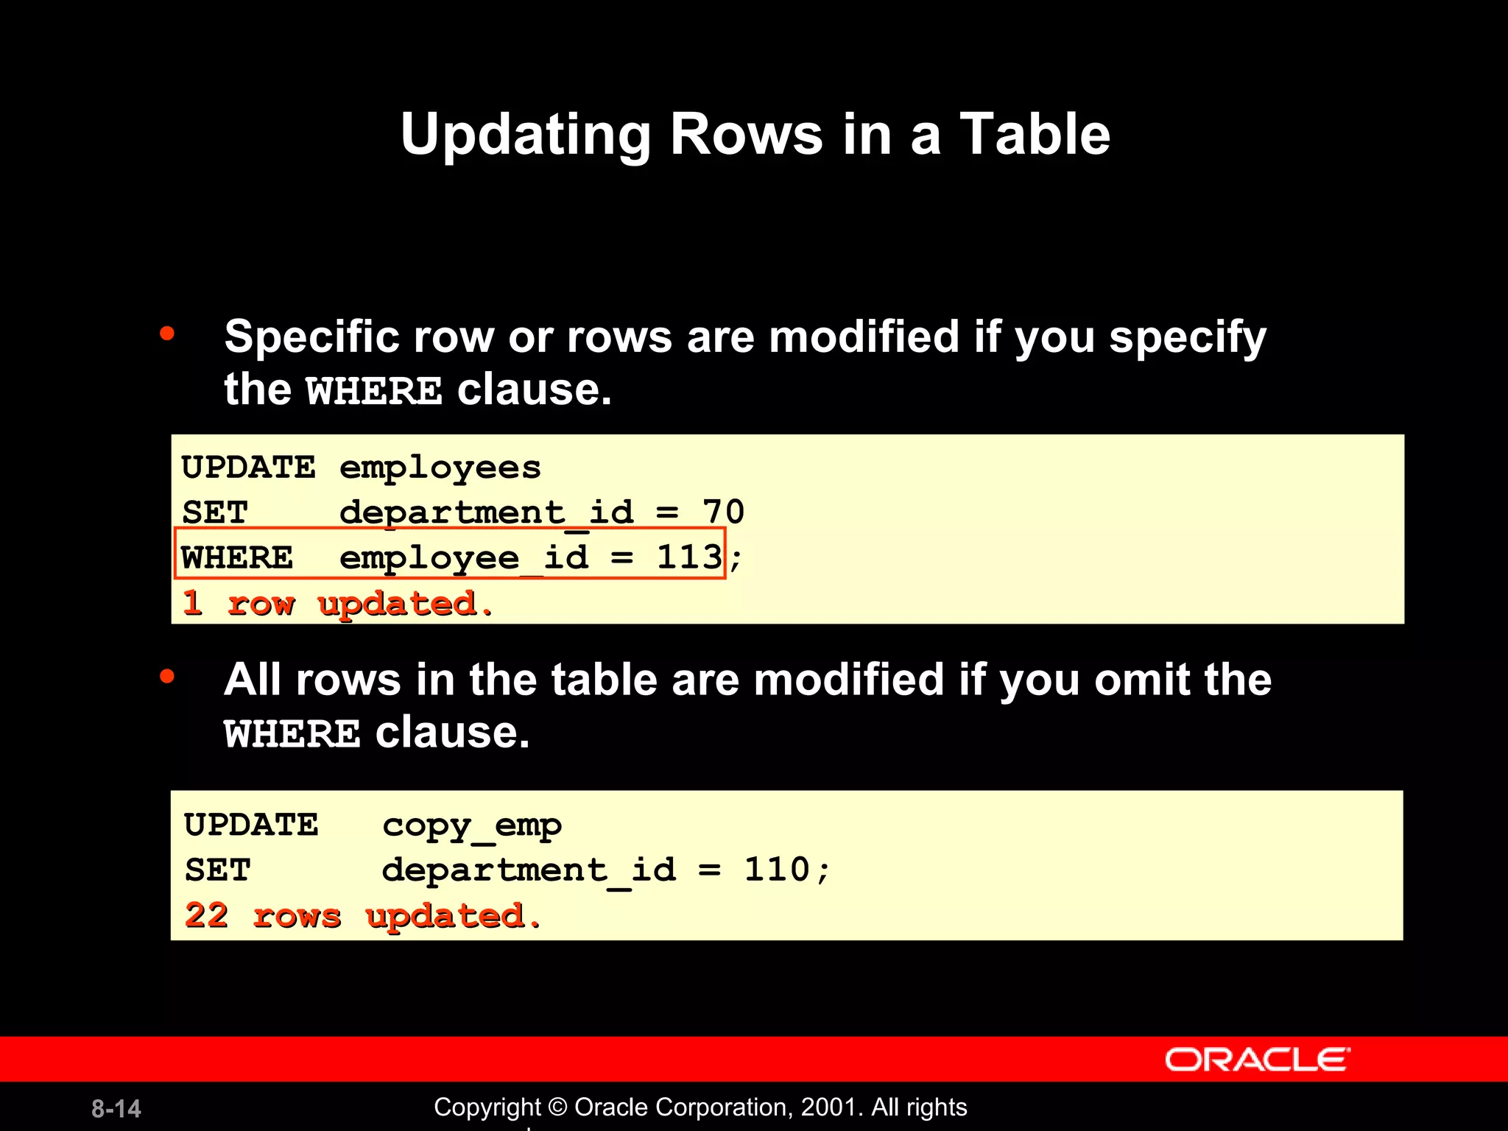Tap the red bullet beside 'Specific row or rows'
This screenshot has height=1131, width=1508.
click(x=167, y=334)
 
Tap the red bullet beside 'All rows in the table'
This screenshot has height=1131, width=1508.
click(x=167, y=676)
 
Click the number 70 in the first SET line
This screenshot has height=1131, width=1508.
click(x=722, y=512)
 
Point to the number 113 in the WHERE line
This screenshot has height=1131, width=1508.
click(x=689, y=557)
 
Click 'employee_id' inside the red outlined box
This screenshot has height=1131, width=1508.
click(x=464, y=557)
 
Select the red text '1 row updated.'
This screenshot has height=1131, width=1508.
click(x=337, y=604)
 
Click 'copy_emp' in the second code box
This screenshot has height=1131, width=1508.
click(x=471, y=825)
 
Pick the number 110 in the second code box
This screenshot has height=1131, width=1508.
click(x=777, y=870)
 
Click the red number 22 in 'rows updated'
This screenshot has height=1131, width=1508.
click(x=206, y=915)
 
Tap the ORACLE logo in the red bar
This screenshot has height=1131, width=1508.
click(x=1257, y=1060)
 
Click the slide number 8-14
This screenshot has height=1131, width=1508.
click(x=116, y=1108)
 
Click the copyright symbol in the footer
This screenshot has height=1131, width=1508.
click(x=558, y=1107)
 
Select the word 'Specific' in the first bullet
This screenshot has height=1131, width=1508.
click(x=312, y=337)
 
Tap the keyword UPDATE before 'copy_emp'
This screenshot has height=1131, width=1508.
click(x=251, y=825)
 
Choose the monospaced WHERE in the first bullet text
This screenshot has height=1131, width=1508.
click(x=374, y=390)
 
